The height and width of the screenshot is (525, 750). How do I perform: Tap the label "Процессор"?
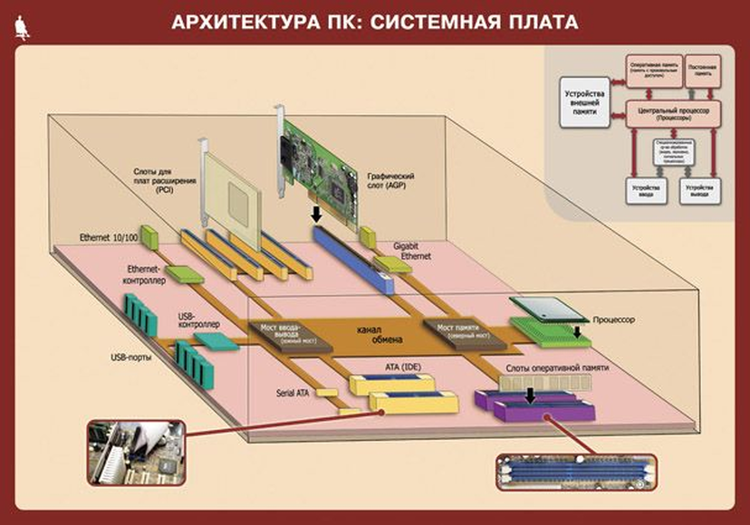click(x=617, y=320)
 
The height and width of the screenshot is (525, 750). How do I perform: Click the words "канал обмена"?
click(x=376, y=334)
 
